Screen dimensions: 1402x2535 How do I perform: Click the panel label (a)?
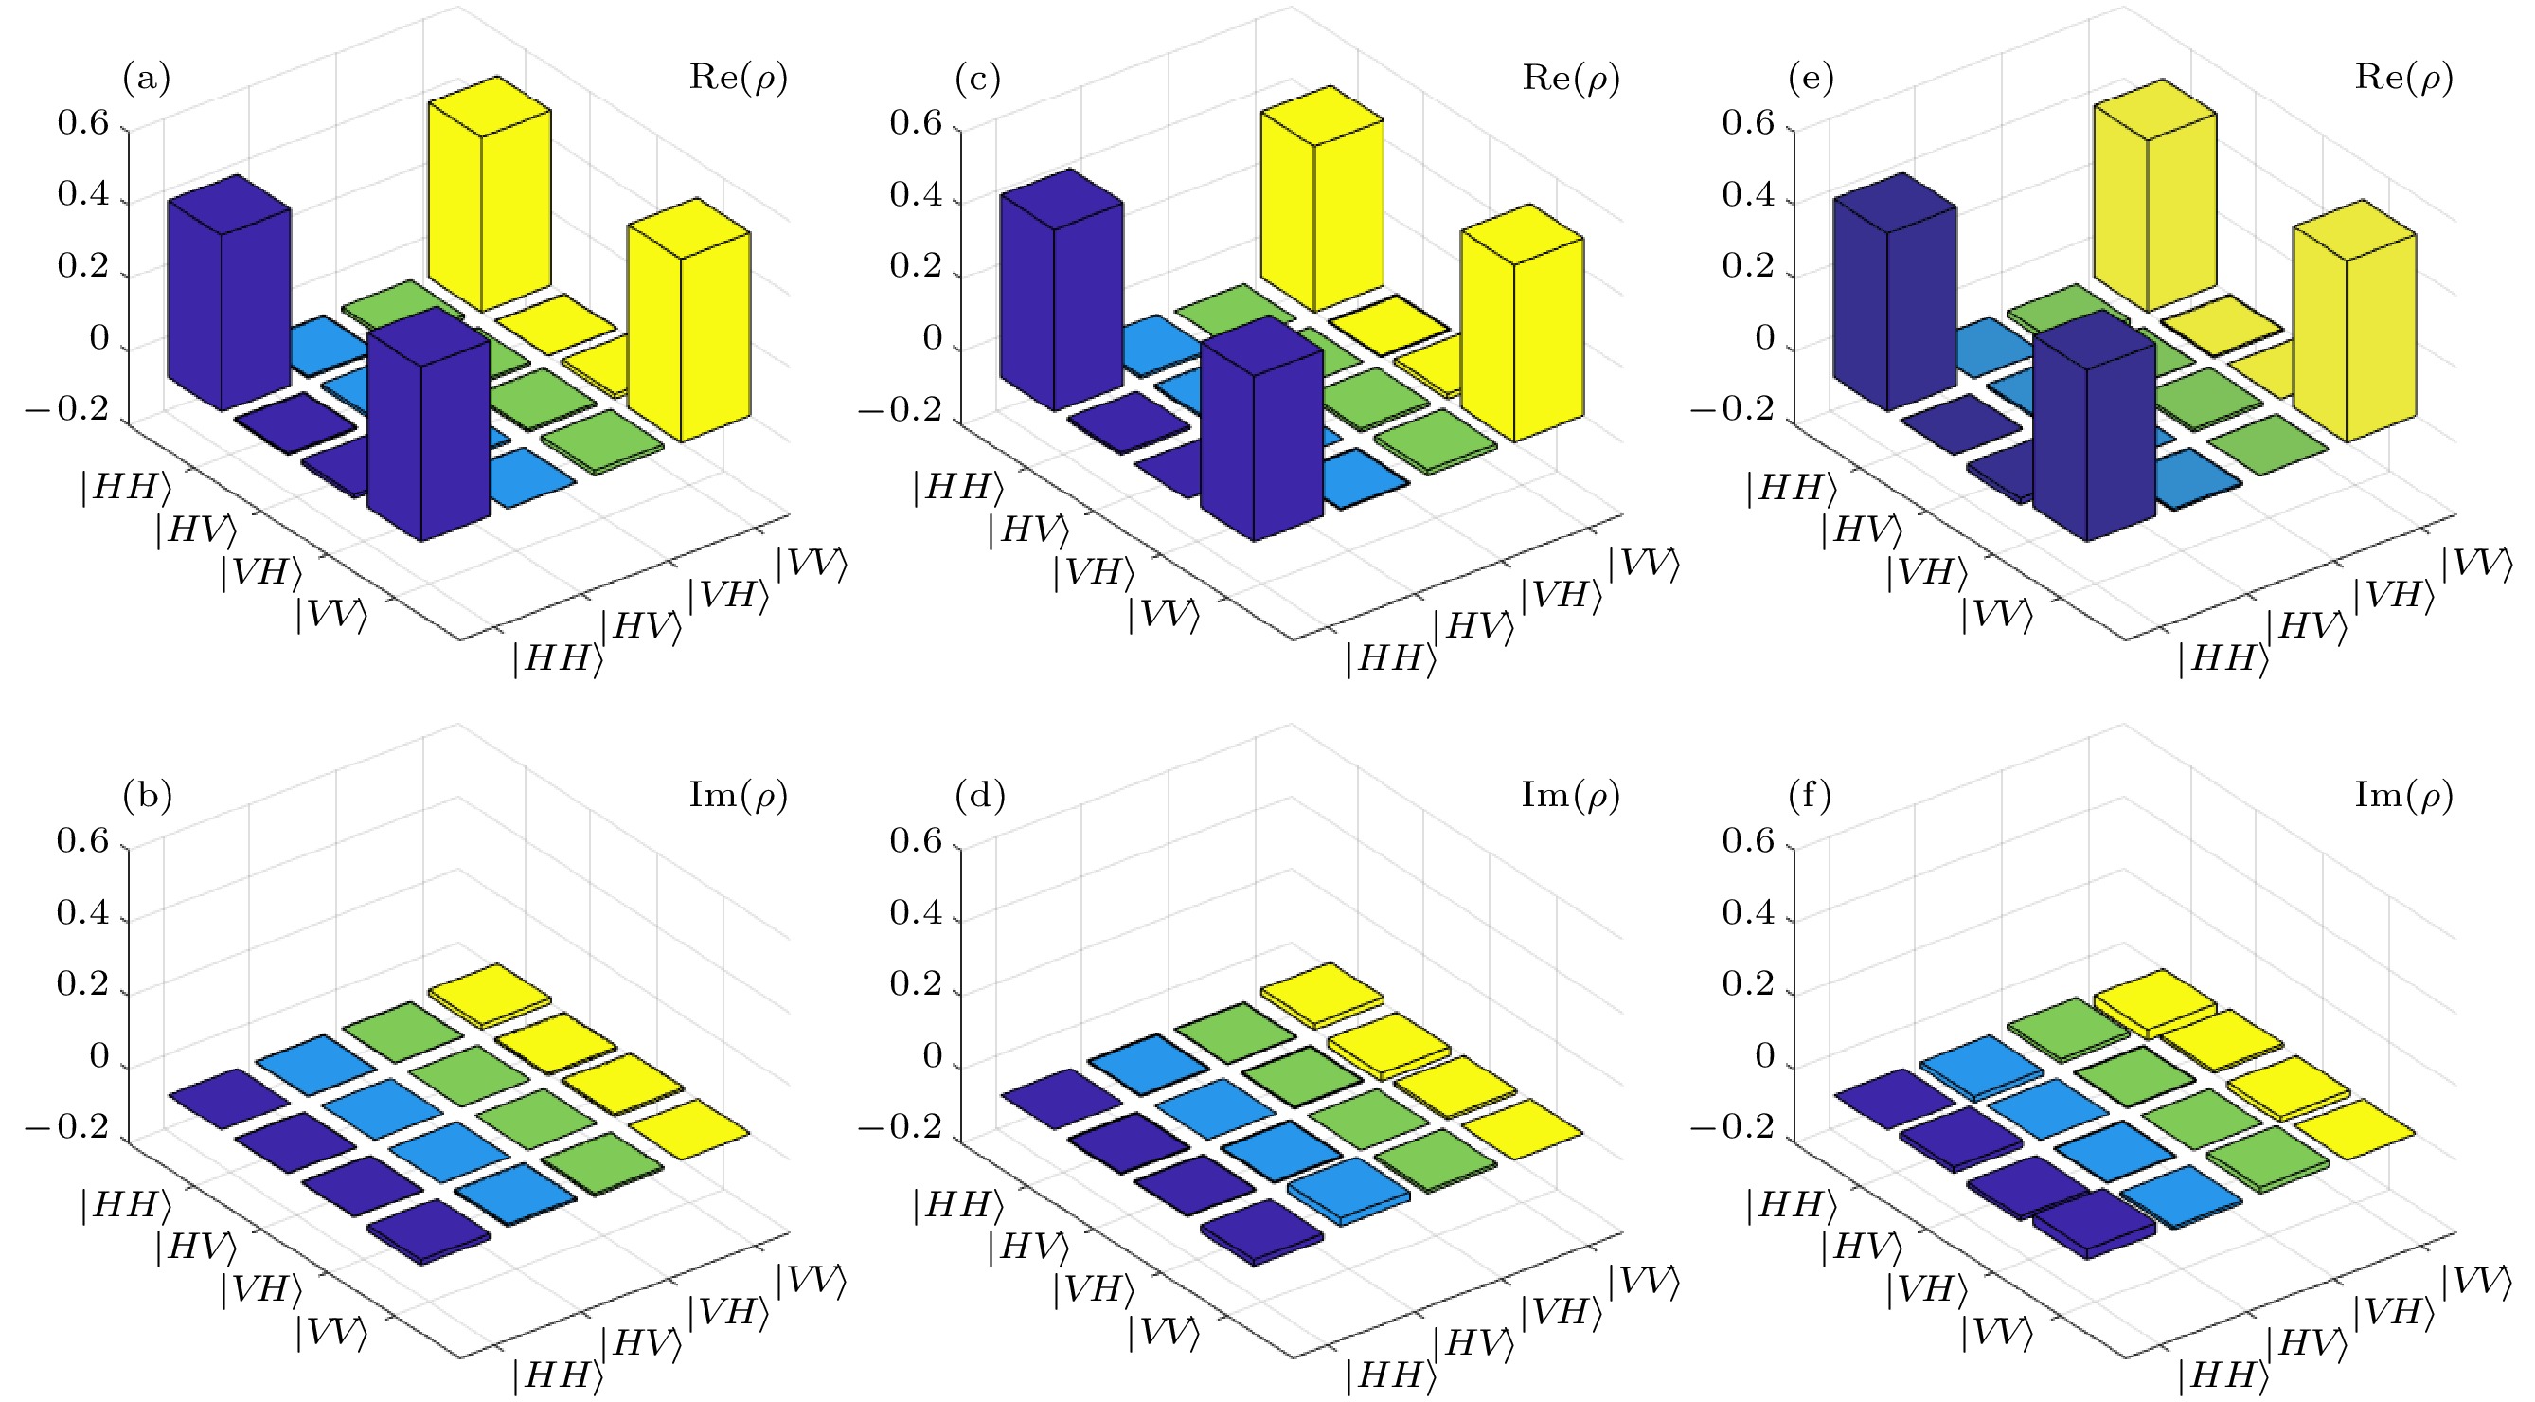[147, 78]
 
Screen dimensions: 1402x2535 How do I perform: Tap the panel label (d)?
[980, 796]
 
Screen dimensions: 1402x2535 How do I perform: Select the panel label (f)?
[1810, 796]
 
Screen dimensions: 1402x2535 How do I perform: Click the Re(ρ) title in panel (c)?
[1571, 78]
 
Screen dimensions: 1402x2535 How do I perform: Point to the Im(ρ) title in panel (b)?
[738, 796]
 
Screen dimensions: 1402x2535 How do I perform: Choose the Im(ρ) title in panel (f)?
[2403, 796]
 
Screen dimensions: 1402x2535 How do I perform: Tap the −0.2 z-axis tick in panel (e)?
[1734, 409]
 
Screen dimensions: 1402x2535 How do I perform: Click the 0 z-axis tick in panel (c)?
[933, 339]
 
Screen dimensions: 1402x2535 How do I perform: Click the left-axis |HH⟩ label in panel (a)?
[126, 487]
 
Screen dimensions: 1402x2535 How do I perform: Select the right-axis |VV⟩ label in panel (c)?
[1643, 565]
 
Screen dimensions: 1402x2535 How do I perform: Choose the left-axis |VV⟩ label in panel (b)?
[331, 1333]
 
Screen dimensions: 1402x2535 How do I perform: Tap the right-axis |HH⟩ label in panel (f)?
[2223, 1375]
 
